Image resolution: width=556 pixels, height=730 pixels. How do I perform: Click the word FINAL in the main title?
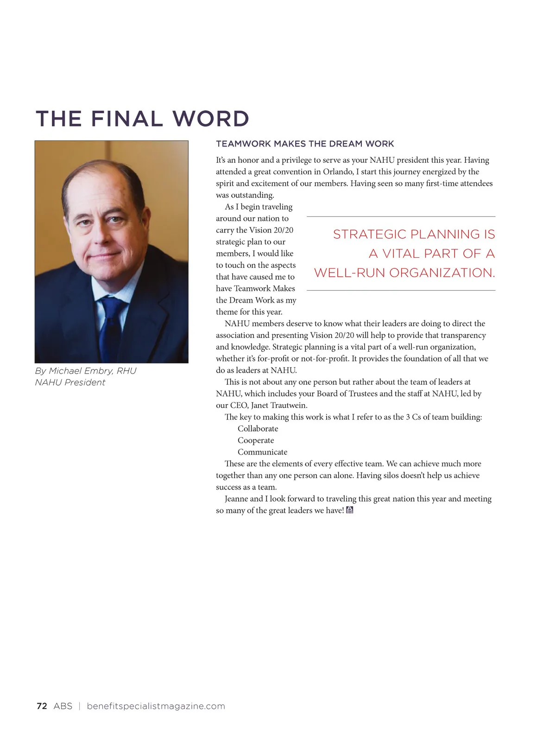[126, 119]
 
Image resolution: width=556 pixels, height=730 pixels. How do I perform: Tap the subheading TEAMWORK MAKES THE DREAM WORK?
[305, 144]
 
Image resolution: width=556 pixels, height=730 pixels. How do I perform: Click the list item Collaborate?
[258, 429]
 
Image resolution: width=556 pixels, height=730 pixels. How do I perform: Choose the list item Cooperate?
[256, 440]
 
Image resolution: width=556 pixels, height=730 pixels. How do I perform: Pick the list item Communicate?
[262, 452]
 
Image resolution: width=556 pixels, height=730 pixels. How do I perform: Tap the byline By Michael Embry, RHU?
[86, 371]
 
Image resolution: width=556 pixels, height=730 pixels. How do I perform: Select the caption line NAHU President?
[70, 382]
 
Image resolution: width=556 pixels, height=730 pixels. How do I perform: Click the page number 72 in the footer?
[42, 706]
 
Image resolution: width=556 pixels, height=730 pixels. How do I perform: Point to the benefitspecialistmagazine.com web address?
[156, 706]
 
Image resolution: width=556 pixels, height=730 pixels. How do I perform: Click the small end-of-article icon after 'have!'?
[350, 510]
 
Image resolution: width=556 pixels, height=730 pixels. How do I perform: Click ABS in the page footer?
[63, 706]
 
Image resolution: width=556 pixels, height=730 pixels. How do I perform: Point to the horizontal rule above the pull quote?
[401, 216]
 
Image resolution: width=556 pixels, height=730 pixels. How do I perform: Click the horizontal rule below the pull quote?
[401, 290]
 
